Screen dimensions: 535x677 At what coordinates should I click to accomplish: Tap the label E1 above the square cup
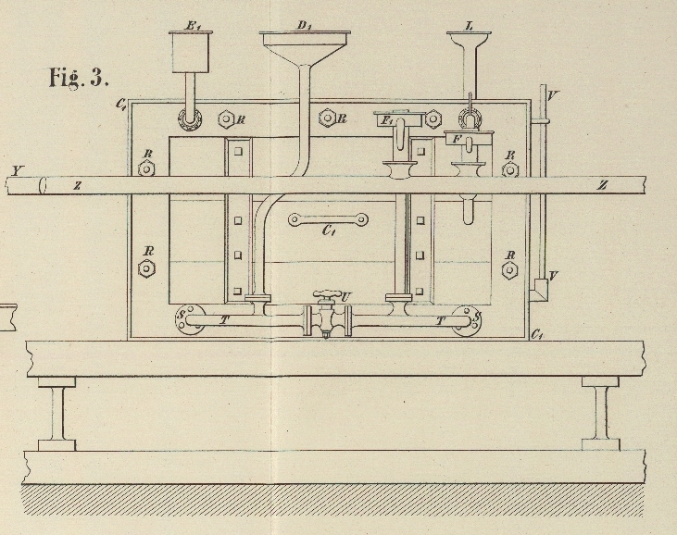click(x=194, y=25)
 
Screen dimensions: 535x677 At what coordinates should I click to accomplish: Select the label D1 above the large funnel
click(x=304, y=25)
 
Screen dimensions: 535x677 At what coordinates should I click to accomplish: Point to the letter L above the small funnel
click(x=470, y=25)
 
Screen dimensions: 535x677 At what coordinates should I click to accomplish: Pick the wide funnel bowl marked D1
click(x=306, y=46)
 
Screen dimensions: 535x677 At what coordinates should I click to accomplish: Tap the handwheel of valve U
click(x=327, y=295)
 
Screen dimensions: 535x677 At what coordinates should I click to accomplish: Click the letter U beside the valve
click(x=345, y=296)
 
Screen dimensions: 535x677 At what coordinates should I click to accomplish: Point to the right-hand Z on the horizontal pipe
click(x=602, y=185)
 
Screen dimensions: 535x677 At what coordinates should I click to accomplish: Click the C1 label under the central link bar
click(x=329, y=232)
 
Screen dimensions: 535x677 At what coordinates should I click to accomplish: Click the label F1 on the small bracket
click(x=387, y=120)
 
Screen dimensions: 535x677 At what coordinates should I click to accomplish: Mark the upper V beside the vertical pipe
click(x=553, y=94)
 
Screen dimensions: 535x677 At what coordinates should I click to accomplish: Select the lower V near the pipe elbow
click(x=553, y=275)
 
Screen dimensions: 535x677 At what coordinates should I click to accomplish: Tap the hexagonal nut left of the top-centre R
click(x=326, y=118)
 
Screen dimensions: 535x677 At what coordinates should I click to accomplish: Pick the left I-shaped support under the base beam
click(x=56, y=412)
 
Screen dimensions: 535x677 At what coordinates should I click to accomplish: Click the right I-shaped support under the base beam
click(x=599, y=412)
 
